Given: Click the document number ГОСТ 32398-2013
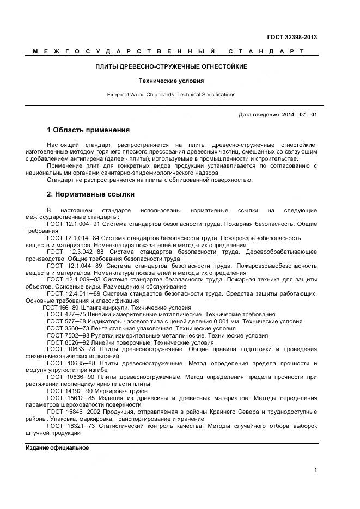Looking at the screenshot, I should (x=291, y=37).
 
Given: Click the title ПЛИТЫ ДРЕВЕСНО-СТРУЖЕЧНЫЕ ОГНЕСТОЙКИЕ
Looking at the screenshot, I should (x=171, y=66).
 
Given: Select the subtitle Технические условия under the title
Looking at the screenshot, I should (x=171, y=80).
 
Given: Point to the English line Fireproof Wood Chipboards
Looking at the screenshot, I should (x=171, y=94).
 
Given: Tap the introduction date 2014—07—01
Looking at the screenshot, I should (x=300, y=115).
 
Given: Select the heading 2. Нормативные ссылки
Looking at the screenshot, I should (x=90, y=194).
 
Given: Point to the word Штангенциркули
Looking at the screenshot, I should (x=104, y=308).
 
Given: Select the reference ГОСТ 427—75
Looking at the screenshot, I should (x=65, y=315).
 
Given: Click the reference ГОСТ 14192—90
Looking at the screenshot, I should (x=69, y=391).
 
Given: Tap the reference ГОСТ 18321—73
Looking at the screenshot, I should (x=71, y=426).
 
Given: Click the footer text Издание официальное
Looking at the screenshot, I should (x=57, y=447).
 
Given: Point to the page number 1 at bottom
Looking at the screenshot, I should (x=315, y=470).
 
